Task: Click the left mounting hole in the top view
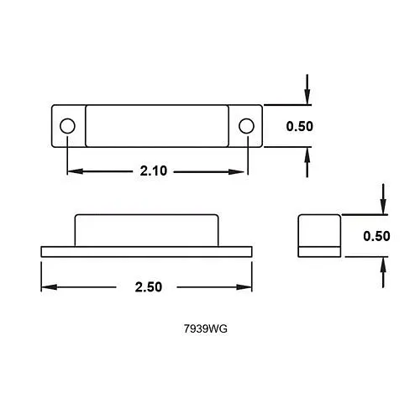pyautogui.click(x=67, y=126)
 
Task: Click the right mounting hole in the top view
pyautogui.click(x=245, y=126)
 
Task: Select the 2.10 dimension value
pyautogui.click(x=155, y=171)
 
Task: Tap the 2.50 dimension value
pyautogui.click(x=148, y=286)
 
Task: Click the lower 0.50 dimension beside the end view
pyautogui.click(x=377, y=236)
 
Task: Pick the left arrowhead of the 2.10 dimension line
pyautogui.click(x=72, y=171)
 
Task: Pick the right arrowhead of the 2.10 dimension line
pyautogui.click(x=241, y=171)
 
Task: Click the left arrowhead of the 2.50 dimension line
pyautogui.click(x=47, y=286)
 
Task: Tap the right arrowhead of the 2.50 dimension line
pyautogui.click(x=248, y=286)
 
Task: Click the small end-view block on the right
pyautogui.click(x=319, y=232)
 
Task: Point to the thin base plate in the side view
pyautogui.click(x=148, y=250)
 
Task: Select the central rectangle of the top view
pyautogui.click(x=156, y=126)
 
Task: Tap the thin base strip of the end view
pyautogui.click(x=319, y=250)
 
